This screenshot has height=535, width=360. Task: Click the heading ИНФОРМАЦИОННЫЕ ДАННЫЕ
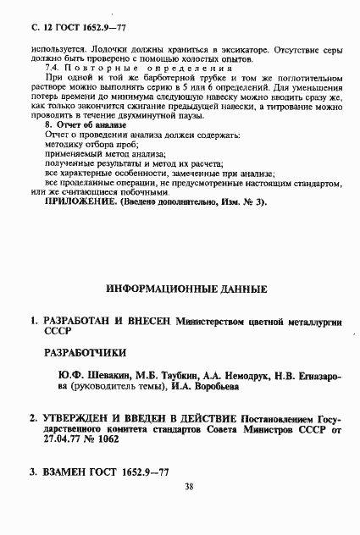tap(187, 289)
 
